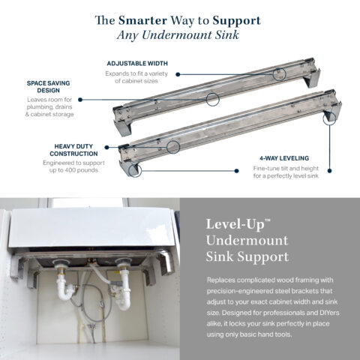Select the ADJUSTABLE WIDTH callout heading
click(137, 64)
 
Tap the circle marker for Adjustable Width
click(279, 73)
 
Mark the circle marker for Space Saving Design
click(212, 98)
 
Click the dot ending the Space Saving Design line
click(80, 98)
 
